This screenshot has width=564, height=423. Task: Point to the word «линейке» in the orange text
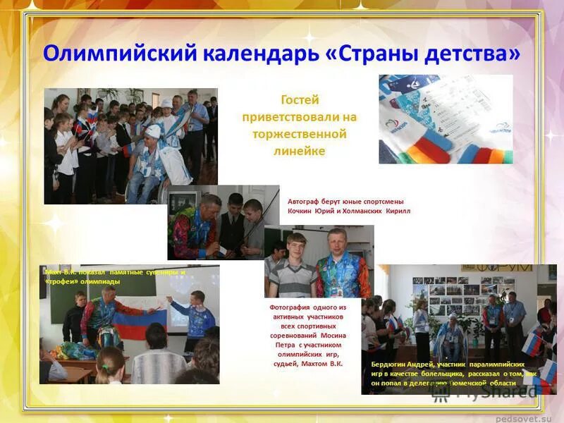tap(300, 150)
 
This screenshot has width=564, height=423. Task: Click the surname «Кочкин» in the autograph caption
tap(301, 211)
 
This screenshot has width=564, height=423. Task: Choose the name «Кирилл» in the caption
tap(397, 211)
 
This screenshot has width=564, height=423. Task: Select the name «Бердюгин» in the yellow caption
tap(390, 364)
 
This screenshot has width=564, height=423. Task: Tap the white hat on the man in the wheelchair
tap(153, 131)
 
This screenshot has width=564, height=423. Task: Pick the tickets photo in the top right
tap(445, 118)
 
